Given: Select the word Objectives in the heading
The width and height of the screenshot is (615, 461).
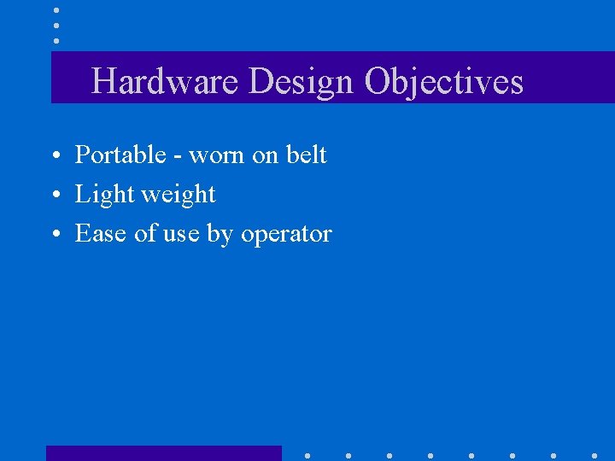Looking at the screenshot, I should [x=443, y=82].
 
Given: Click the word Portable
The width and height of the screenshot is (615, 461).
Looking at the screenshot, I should [x=120, y=155].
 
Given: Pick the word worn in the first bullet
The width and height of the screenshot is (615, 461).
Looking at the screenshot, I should [x=217, y=156].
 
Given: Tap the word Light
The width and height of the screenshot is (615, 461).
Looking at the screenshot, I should [x=105, y=195].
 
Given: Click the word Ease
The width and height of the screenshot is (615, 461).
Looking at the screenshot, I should [x=102, y=234].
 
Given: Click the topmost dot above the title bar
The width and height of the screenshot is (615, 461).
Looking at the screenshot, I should [x=56, y=10].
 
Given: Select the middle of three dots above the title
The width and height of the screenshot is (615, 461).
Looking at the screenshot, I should [x=56, y=26].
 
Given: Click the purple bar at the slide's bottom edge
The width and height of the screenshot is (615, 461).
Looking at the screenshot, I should [x=163, y=453].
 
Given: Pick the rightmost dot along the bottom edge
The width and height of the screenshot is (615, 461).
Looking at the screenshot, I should [x=594, y=455].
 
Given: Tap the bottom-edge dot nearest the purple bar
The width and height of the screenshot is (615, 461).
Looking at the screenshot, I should [x=307, y=455].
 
